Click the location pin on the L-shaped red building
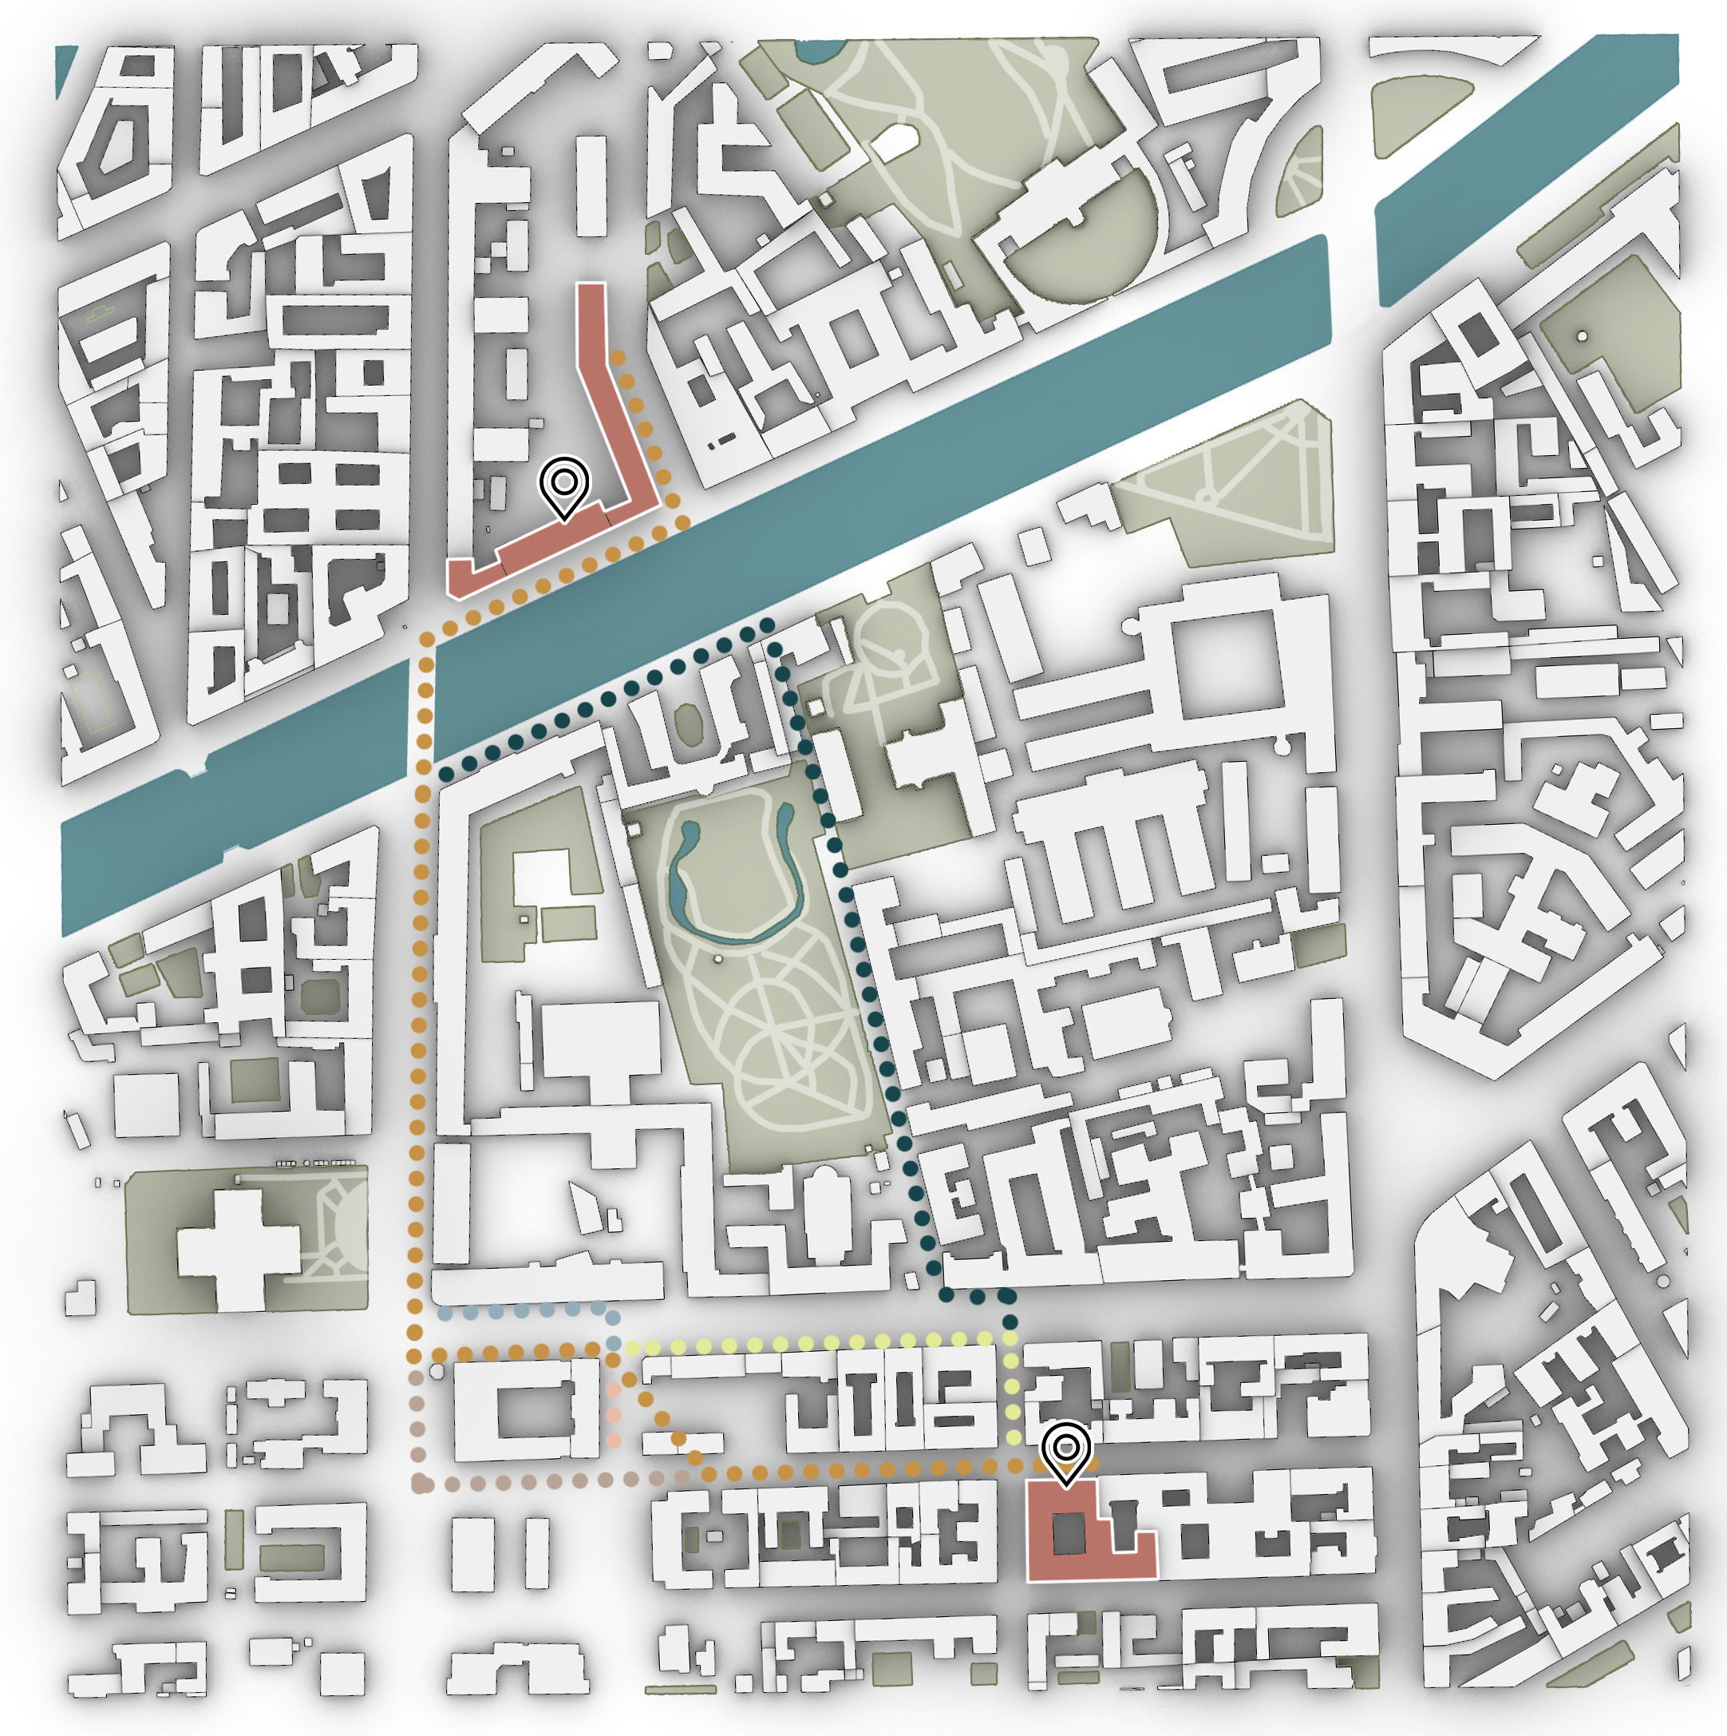564,486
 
